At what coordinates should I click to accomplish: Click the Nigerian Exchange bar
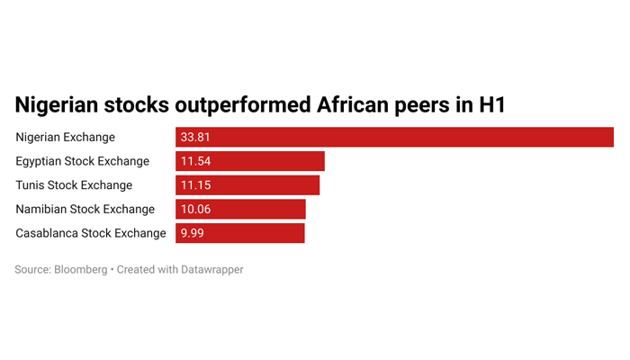point(394,137)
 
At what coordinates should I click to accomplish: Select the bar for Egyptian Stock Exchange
point(250,161)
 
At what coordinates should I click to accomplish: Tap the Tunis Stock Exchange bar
point(247,185)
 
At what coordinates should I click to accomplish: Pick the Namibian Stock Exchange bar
point(240,209)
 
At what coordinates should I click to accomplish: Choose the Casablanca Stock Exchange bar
point(240,233)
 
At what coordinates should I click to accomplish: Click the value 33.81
point(195,138)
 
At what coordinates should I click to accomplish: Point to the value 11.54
point(195,161)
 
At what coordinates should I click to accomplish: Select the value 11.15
point(195,185)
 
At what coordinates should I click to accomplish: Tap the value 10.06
point(195,210)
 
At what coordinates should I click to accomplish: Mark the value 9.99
point(192,233)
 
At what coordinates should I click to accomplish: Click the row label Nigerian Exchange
point(65,138)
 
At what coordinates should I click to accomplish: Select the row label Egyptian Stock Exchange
point(83,161)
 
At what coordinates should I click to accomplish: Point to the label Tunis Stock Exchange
point(74,185)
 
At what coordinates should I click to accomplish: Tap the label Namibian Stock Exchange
point(85,210)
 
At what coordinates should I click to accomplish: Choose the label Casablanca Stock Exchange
point(91,233)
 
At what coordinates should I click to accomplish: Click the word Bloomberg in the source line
point(81,270)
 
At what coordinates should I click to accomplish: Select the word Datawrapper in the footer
point(211,270)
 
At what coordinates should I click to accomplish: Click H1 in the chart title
point(491,105)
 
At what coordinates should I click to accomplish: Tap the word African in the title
point(353,105)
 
